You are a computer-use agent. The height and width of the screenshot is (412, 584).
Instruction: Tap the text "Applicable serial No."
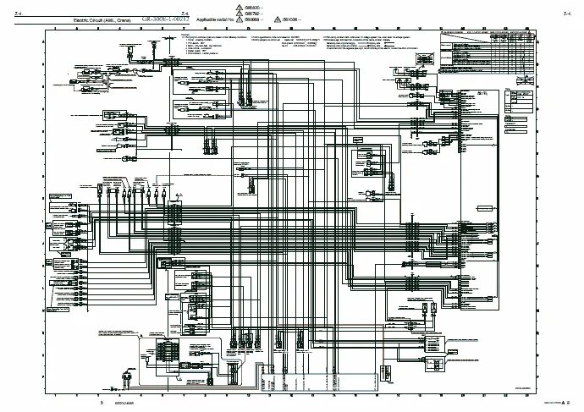point(218,17)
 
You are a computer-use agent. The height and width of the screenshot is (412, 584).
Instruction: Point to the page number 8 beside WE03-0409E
point(101,404)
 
